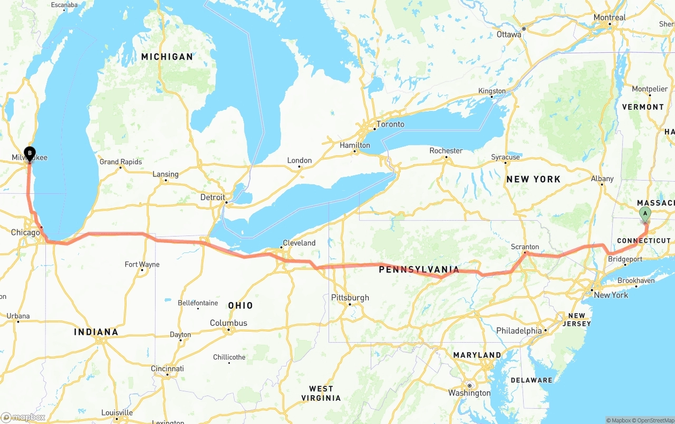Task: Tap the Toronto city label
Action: point(390,125)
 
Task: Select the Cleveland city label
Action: point(299,243)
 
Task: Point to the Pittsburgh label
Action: point(350,298)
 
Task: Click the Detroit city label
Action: point(213,197)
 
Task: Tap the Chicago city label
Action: point(25,232)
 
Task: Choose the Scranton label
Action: point(525,247)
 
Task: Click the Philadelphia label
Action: point(519,331)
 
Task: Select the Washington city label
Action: point(469,393)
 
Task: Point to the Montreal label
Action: point(610,17)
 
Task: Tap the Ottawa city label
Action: point(509,34)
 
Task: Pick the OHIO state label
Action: point(240,305)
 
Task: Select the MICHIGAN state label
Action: point(167,56)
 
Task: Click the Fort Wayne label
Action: point(142,265)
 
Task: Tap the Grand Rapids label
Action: point(121,162)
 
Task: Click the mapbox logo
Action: point(23,417)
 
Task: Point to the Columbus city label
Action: point(228,323)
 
